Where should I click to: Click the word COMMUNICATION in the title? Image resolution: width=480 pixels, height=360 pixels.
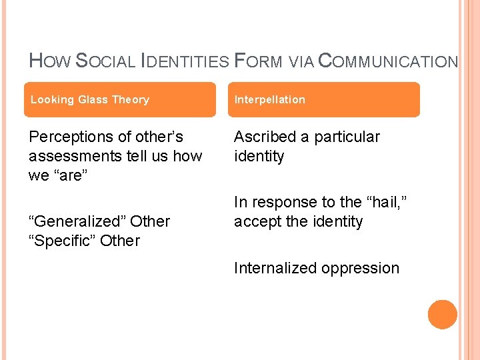click(x=388, y=61)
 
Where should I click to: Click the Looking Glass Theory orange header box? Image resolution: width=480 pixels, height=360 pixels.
click(x=122, y=99)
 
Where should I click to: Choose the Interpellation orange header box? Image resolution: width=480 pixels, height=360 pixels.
click(x=327, y=99)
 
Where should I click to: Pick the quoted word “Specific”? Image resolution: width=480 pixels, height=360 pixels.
click(x=63, y=241)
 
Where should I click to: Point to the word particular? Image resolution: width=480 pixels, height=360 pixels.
click(x=347, y=137)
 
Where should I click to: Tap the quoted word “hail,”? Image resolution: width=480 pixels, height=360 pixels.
click(x=385, y=201)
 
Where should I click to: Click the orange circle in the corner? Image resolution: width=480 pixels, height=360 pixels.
click(x=443, y=315)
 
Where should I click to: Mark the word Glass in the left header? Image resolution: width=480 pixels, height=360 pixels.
click(x=95, y=99)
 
